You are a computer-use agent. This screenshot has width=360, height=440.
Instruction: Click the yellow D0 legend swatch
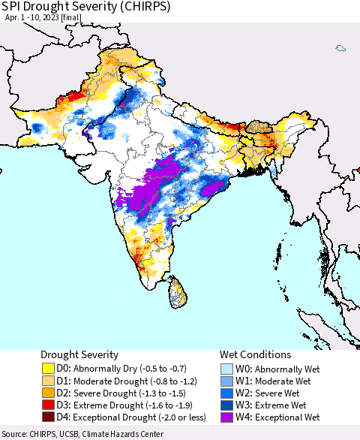point(48,369)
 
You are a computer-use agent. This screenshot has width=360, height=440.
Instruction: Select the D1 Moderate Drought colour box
point(48,381)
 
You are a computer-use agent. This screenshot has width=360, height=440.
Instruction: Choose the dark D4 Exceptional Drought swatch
point(48,417)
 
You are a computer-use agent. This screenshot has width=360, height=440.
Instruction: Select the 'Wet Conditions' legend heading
point(255,354)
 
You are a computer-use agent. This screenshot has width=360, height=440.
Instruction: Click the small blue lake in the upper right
point(340,49)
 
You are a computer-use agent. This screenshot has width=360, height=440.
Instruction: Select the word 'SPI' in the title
point(13,7)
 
